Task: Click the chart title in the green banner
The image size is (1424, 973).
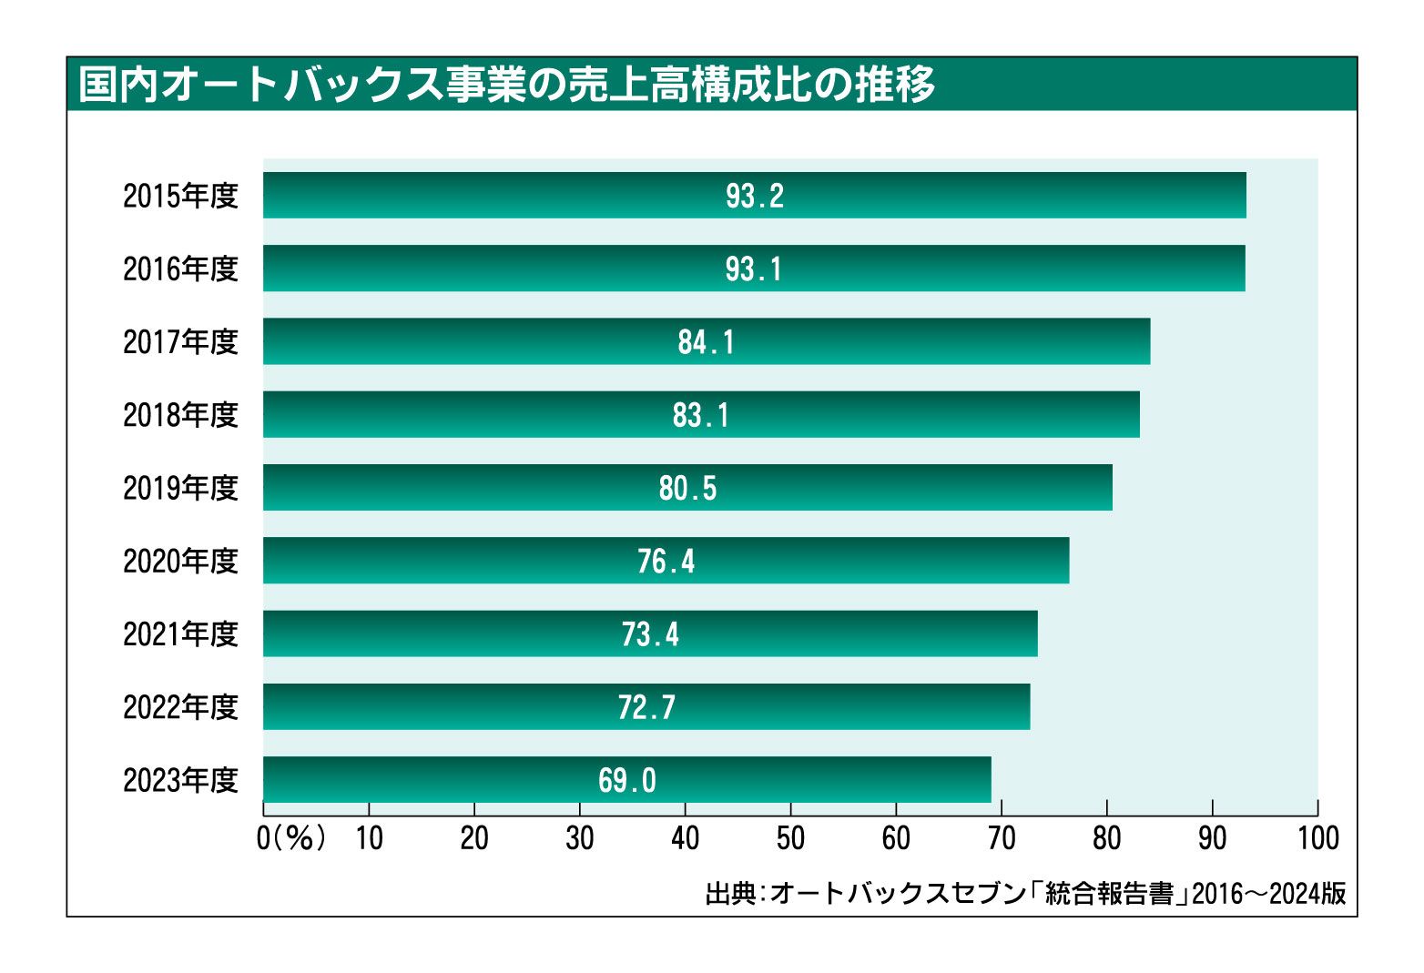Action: (x=506, y=85)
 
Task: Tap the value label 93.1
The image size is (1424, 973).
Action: (x=754, y=269)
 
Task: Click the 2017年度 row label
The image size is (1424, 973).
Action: (x=180, y=341)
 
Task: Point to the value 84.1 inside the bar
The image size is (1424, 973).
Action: (x=706, y=341)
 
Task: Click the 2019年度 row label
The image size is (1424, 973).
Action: (x=180, y=488)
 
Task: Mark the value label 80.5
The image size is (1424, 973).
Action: (x=687, y=488)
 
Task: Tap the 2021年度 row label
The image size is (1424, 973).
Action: (x=180, y=633)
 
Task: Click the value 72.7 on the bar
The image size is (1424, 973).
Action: (x=646, y=706)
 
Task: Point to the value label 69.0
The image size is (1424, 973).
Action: (x=626, y=780)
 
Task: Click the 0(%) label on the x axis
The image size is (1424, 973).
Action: (x=291, y=837)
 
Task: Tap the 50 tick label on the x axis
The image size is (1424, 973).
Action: (x=790, y=837)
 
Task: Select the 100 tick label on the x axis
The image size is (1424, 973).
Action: (x=1317, y=837)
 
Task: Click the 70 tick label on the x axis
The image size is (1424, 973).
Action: (x=1002, y=837)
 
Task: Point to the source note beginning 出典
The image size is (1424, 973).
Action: (x=1025, y=894)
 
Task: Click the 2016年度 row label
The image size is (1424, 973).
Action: (x=180, y=269)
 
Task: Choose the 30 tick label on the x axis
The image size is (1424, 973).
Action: (x=579, y=837)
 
